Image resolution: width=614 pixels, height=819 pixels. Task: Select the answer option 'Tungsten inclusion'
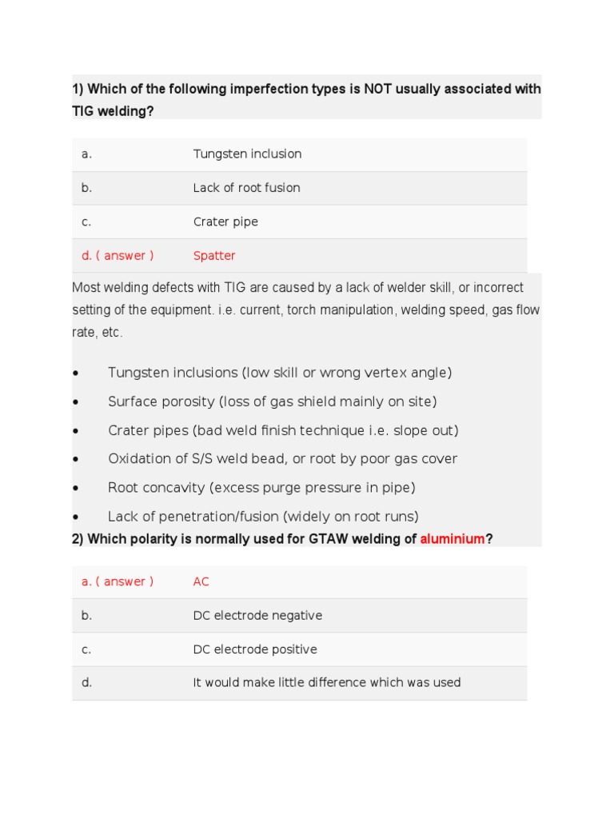pos(247,154)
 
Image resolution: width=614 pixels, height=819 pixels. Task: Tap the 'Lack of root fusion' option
pos(246,188)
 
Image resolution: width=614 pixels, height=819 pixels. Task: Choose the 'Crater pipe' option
pos(225,222)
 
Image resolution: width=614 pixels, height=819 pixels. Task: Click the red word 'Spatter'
pos(214,256)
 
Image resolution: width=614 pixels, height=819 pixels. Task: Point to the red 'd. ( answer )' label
pos(118,256)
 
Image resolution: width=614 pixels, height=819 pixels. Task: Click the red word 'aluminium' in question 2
pos(453,539)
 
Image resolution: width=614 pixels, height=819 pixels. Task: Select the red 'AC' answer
pos(201,581)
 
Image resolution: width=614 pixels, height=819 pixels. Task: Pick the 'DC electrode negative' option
pos(257,616)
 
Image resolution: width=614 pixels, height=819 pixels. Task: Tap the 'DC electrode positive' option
pos(255,649)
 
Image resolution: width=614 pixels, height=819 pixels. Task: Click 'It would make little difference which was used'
pos(327,682)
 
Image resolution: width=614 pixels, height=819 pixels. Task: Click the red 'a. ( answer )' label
pos(118,581)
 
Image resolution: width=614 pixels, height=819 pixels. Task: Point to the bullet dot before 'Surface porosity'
pos(75,402)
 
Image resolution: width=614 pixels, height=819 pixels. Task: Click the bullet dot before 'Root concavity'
pos(75,489)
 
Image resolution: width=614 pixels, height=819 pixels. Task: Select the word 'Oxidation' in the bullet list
pos(138,459)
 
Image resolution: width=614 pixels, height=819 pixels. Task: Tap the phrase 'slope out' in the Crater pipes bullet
pos(425,430)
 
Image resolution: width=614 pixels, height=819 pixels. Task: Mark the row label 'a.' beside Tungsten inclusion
pos(86,154)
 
